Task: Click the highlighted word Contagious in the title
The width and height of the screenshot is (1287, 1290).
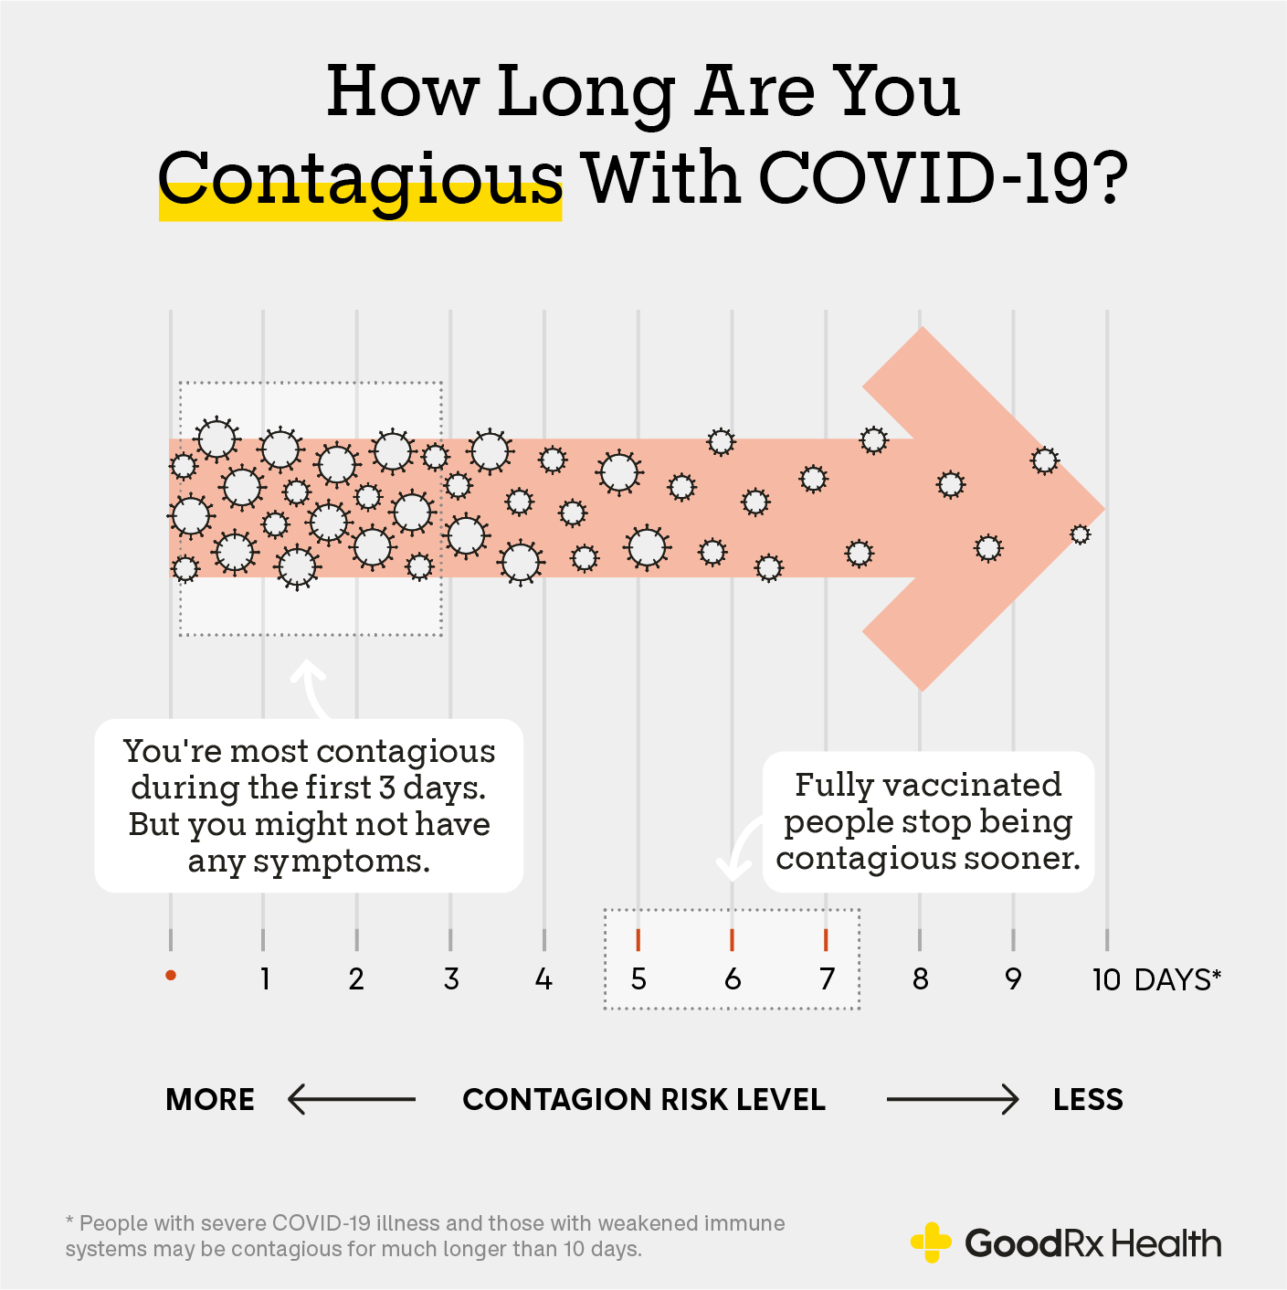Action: (x=360, y=179)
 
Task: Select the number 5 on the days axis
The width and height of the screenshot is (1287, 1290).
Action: (x=638, y=979)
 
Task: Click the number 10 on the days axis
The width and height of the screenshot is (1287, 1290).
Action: (x=1106, y=979)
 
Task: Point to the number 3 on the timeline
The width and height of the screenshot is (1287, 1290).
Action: (x=451, y=979)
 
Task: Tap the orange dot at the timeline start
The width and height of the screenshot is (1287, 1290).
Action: (x=171, y=976)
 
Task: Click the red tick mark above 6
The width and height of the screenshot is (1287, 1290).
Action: (x=732, y=939)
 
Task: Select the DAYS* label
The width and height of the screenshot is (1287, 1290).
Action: (x=1177, y=979)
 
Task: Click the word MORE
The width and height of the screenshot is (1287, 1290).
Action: (x=210, y=1099)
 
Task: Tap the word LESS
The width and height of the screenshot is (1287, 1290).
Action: (x=1088, y=1099)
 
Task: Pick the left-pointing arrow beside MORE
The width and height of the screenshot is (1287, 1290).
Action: (x=351, y=1099)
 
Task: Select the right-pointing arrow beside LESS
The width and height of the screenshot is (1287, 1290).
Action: (x=953, y=1099)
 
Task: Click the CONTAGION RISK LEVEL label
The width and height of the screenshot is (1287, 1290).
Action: (x=644, y=1099)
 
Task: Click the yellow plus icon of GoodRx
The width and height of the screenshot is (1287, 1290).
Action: (x=931, y=1242)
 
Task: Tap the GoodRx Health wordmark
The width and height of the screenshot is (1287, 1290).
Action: (x=1092, y=1243)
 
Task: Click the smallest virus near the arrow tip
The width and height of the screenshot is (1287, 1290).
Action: (x=1080, y=534)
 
